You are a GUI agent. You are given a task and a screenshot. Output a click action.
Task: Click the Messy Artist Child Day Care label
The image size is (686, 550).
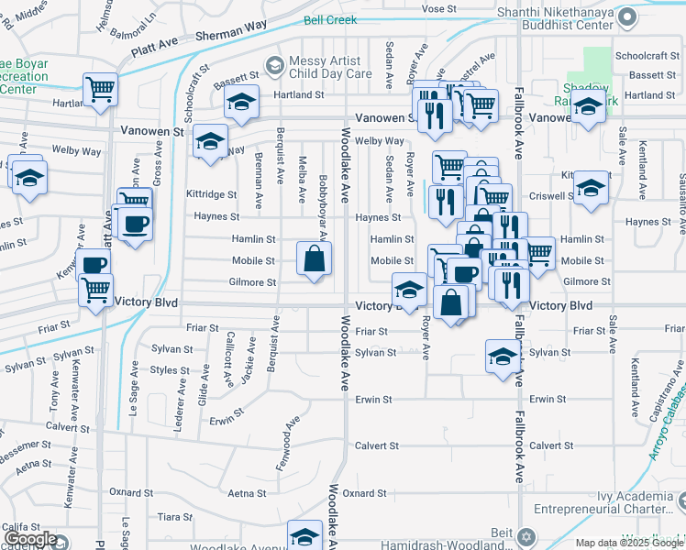[332, 66]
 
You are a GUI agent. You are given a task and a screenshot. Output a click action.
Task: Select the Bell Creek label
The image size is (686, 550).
[331, 18]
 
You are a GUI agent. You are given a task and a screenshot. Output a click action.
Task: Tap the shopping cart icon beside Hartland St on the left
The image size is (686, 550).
[100, 89]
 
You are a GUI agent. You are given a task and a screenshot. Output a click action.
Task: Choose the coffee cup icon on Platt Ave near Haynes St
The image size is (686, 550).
[135, 225]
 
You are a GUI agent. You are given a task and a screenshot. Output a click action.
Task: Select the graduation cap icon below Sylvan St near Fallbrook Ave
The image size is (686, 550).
[503, 356]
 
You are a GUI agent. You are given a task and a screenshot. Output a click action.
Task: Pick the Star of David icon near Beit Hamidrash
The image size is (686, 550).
[525, 535]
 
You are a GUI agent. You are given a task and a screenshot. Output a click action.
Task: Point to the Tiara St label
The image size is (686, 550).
[174, 516]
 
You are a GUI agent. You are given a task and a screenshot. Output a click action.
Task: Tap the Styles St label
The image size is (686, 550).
[169, 370]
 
